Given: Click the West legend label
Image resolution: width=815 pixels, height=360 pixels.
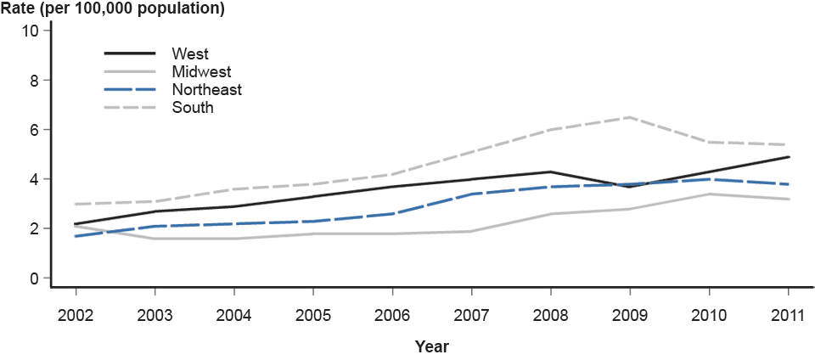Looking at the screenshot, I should pos(189,54).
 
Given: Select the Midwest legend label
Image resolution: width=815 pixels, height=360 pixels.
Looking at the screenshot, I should pos(200,72).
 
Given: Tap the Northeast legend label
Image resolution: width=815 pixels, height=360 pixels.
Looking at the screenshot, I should pos(206,89).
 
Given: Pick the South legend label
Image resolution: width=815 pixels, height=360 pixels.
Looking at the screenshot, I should pos(192,107).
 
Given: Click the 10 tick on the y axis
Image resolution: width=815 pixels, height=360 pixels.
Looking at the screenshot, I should pos(31,31).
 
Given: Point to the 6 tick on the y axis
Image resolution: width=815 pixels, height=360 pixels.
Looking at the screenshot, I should pos(35,130).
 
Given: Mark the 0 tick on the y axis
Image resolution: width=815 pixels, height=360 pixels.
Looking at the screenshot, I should pos(35,278).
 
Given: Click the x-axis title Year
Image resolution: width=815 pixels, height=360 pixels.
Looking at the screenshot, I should pos(432,346).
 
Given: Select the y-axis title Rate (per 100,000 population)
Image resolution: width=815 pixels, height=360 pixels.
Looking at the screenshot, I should pos(113,10).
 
